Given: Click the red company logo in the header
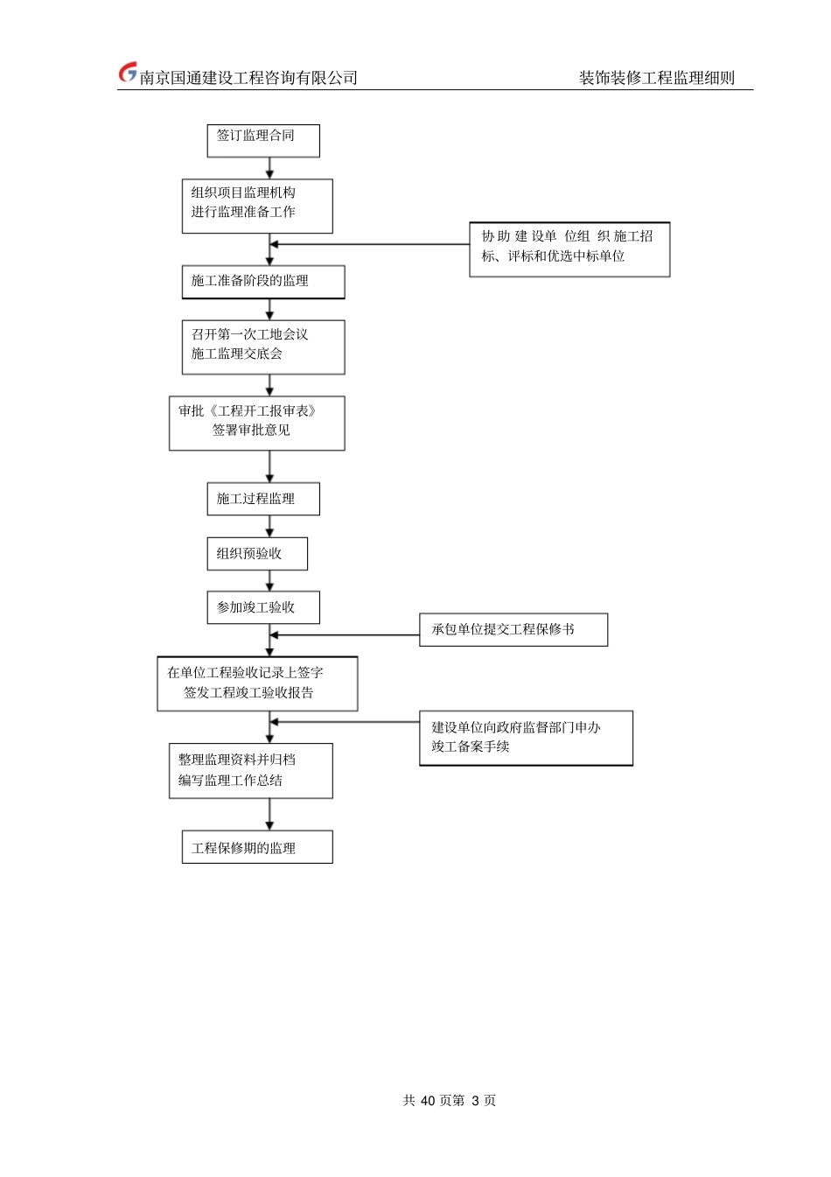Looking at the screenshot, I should (128, 74).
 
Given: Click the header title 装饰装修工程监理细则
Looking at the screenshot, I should (656, 78).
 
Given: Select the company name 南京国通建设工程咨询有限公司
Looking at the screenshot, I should (248, 78).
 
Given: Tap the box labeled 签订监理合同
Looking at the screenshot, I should (263, 140).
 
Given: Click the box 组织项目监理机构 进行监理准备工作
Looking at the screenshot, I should (257, 206).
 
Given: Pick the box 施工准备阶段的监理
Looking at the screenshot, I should (263, 282).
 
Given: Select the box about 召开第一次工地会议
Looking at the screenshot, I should (263, 347).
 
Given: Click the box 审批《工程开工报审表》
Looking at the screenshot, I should (256, 424).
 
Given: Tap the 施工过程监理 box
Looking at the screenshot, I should (263, 499).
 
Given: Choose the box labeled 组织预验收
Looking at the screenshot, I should (257, 554).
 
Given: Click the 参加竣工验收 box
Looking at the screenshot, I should (263, 607).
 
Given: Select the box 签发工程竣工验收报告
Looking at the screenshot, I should (257, 683).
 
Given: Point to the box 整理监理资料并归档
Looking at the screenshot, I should (250, 771).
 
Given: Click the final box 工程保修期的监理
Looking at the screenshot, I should (257, 847).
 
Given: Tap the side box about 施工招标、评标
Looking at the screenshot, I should (569, 249).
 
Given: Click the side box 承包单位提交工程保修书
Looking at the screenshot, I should (513, 629).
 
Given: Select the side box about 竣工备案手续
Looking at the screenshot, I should (526, 738).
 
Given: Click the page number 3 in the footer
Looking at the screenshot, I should (475, 1101).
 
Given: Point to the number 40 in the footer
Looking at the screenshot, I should (428, 1101).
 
